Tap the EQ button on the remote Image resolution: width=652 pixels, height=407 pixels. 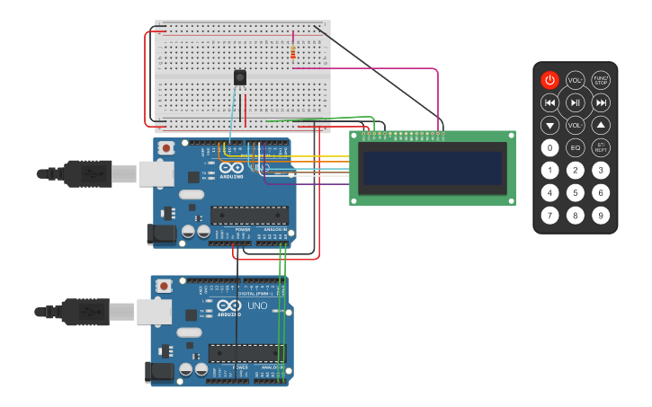click(x=575, y=147)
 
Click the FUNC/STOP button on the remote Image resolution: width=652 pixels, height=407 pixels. click(x=601, y=80)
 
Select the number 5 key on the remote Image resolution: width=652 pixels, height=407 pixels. click(x=575, y=192)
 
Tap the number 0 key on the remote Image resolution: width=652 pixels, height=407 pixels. click(x=549, y=147)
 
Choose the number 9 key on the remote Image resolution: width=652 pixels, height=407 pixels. click(x=601, y=215)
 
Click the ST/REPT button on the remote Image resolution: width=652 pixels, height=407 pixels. click(x=601, y=147)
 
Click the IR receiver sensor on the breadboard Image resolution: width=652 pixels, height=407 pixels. click(x=240, y=77)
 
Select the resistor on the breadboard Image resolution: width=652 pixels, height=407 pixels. click(x=293, y=53)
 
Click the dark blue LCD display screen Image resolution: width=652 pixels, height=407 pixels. click(x=432, y=167)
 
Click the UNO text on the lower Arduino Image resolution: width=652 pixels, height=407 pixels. click(x=257, y=305)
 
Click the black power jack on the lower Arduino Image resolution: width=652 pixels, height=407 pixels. click(x=160, y=372)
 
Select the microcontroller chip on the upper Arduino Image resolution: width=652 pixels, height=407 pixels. click(x=249, y=215)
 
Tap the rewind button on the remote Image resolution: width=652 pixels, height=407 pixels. click(x=549, y=102)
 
